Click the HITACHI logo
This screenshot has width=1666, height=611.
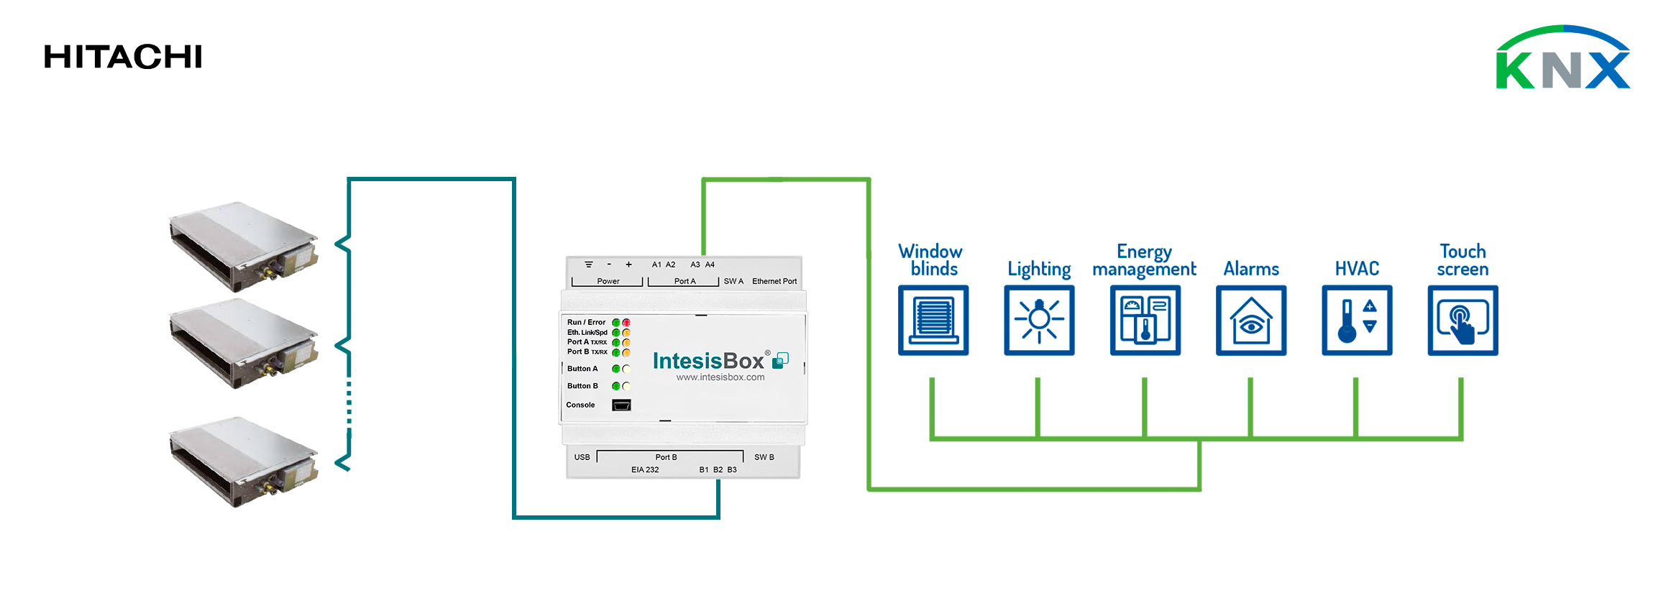[x=123, y=57]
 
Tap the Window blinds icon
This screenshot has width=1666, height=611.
[x=933, y=320]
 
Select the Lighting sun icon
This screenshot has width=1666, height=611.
[x=1039, y=320]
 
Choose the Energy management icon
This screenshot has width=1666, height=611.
[x=1145, y=320]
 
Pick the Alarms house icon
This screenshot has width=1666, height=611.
[x=1250, y=320]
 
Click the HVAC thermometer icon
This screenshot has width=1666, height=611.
[x=1356, y=320]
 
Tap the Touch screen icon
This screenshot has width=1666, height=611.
[x=1463, y=320]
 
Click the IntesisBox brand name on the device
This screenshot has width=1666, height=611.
[x=708, y=361]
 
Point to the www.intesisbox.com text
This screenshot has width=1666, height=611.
[x=720, y=377]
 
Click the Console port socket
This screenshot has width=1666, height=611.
[x=621, y=405]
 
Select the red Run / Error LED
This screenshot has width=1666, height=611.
[x=626, y=323]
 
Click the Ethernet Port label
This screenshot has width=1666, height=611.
[x=774, y=281]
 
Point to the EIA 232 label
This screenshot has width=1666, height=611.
[x=645, y=469]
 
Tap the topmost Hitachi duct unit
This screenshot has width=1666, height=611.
[x=243, y=246]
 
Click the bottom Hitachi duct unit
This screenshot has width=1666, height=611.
[x=243, y=461]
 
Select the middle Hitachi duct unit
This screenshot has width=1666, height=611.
[x=243, y=344]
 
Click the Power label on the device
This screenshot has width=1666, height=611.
[x=608, y=281]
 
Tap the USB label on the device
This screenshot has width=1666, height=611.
[x=582, y=457]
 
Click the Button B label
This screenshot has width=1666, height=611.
[x=582, y=386]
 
